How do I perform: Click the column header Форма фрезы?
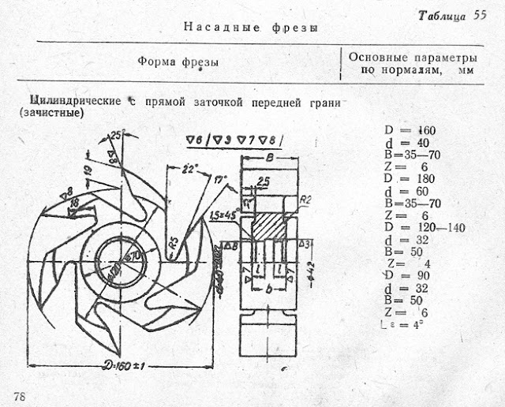(178, 61)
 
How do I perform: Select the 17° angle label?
(222, 179)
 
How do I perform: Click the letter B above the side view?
(271, 157)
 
